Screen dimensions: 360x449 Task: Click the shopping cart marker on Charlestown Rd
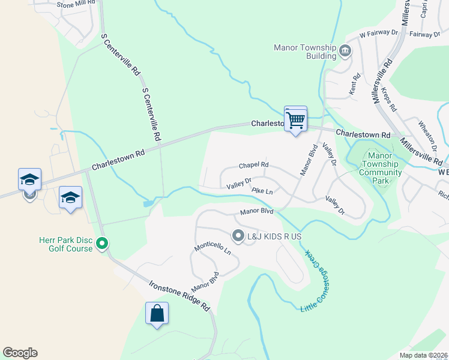(295, 119)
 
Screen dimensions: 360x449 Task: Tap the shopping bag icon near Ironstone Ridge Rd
(157, 313)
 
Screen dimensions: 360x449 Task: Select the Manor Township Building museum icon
(345, 50)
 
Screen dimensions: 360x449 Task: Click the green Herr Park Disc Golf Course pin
(102, 244)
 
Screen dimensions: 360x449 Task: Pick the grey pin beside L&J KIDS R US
(238, 236)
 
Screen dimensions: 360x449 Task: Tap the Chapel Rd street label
(253, 165)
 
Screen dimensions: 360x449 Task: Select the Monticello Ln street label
(212, 249)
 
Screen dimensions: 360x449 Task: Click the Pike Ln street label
(262, 191)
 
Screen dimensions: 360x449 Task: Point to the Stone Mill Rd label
(76, 4)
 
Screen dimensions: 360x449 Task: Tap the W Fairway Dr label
(379, 34)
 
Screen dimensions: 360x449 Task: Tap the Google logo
(20, 353)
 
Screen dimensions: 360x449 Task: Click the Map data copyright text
(423, 355)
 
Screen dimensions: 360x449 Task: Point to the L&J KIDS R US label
(274, 236)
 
